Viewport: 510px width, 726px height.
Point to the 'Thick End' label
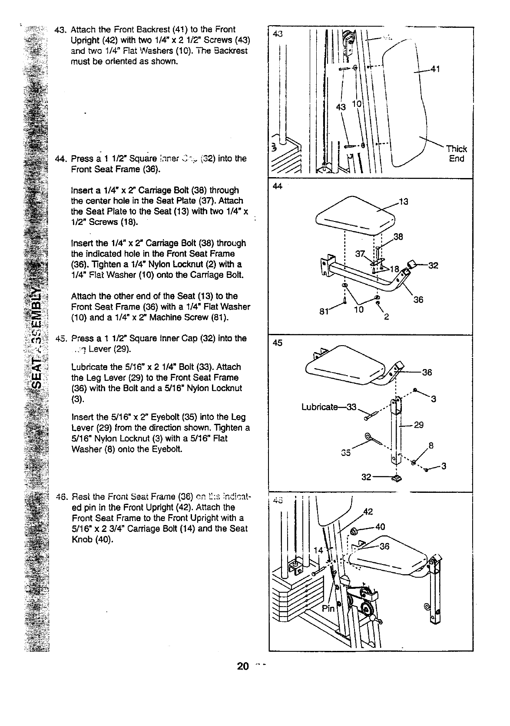pos(456,154)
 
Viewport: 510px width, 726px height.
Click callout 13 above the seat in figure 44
pos(403,201)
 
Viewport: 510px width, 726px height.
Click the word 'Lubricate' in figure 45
pos(319,407)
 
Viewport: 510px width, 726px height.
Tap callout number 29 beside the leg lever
pos(418,425)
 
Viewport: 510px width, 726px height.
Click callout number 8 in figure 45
pos(431,445)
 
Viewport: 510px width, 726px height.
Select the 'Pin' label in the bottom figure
pos(328,608)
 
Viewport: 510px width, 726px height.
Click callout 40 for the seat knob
pos(380,527)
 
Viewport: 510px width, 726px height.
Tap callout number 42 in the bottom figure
pos(368,511)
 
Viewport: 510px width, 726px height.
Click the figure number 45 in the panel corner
pos(277,343)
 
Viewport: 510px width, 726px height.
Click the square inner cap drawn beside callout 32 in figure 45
pos(396,478)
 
